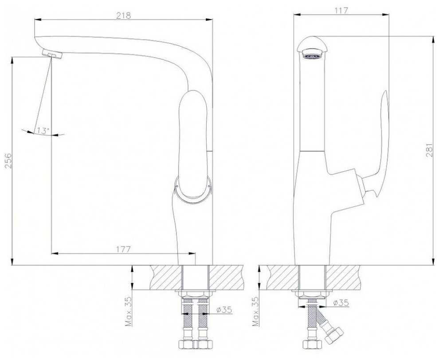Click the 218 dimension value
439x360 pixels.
tap(123, 16)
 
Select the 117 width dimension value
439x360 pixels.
tap(341, 10)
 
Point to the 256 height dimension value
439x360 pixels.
tap(8, 160)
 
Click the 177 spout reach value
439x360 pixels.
tap(123, 249)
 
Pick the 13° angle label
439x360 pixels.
tap(43, 130)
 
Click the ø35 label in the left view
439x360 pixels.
tap(224, 309)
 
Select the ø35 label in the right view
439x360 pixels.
tap(341, 302)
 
